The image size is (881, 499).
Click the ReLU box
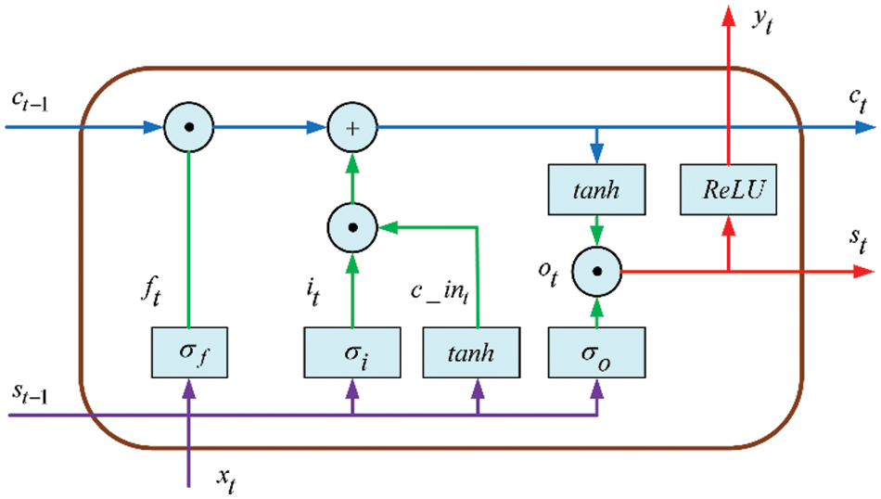tap(728, 190)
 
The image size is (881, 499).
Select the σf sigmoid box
tap(189, 352)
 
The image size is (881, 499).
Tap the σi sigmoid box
tap(352, 352)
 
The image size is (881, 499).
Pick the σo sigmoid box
tap(596, 352)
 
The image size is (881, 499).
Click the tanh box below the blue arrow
tap(596, 190)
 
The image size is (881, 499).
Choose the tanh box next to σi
tap(471, 352)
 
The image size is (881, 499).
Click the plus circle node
tap(352, 128)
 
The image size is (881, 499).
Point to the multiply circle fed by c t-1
tap(189, 128)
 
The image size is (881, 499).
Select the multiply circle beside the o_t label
tap(596, 272)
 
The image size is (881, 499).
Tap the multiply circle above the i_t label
tap(352, 227)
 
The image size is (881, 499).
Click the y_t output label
tap(763, 21)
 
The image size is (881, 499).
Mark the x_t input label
tap(226, 480)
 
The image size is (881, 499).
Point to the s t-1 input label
tap(30, 393)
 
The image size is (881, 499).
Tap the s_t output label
tap(858, 242)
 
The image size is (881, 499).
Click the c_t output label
tap(858, 101)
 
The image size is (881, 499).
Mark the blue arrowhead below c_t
tap(866, 128)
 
